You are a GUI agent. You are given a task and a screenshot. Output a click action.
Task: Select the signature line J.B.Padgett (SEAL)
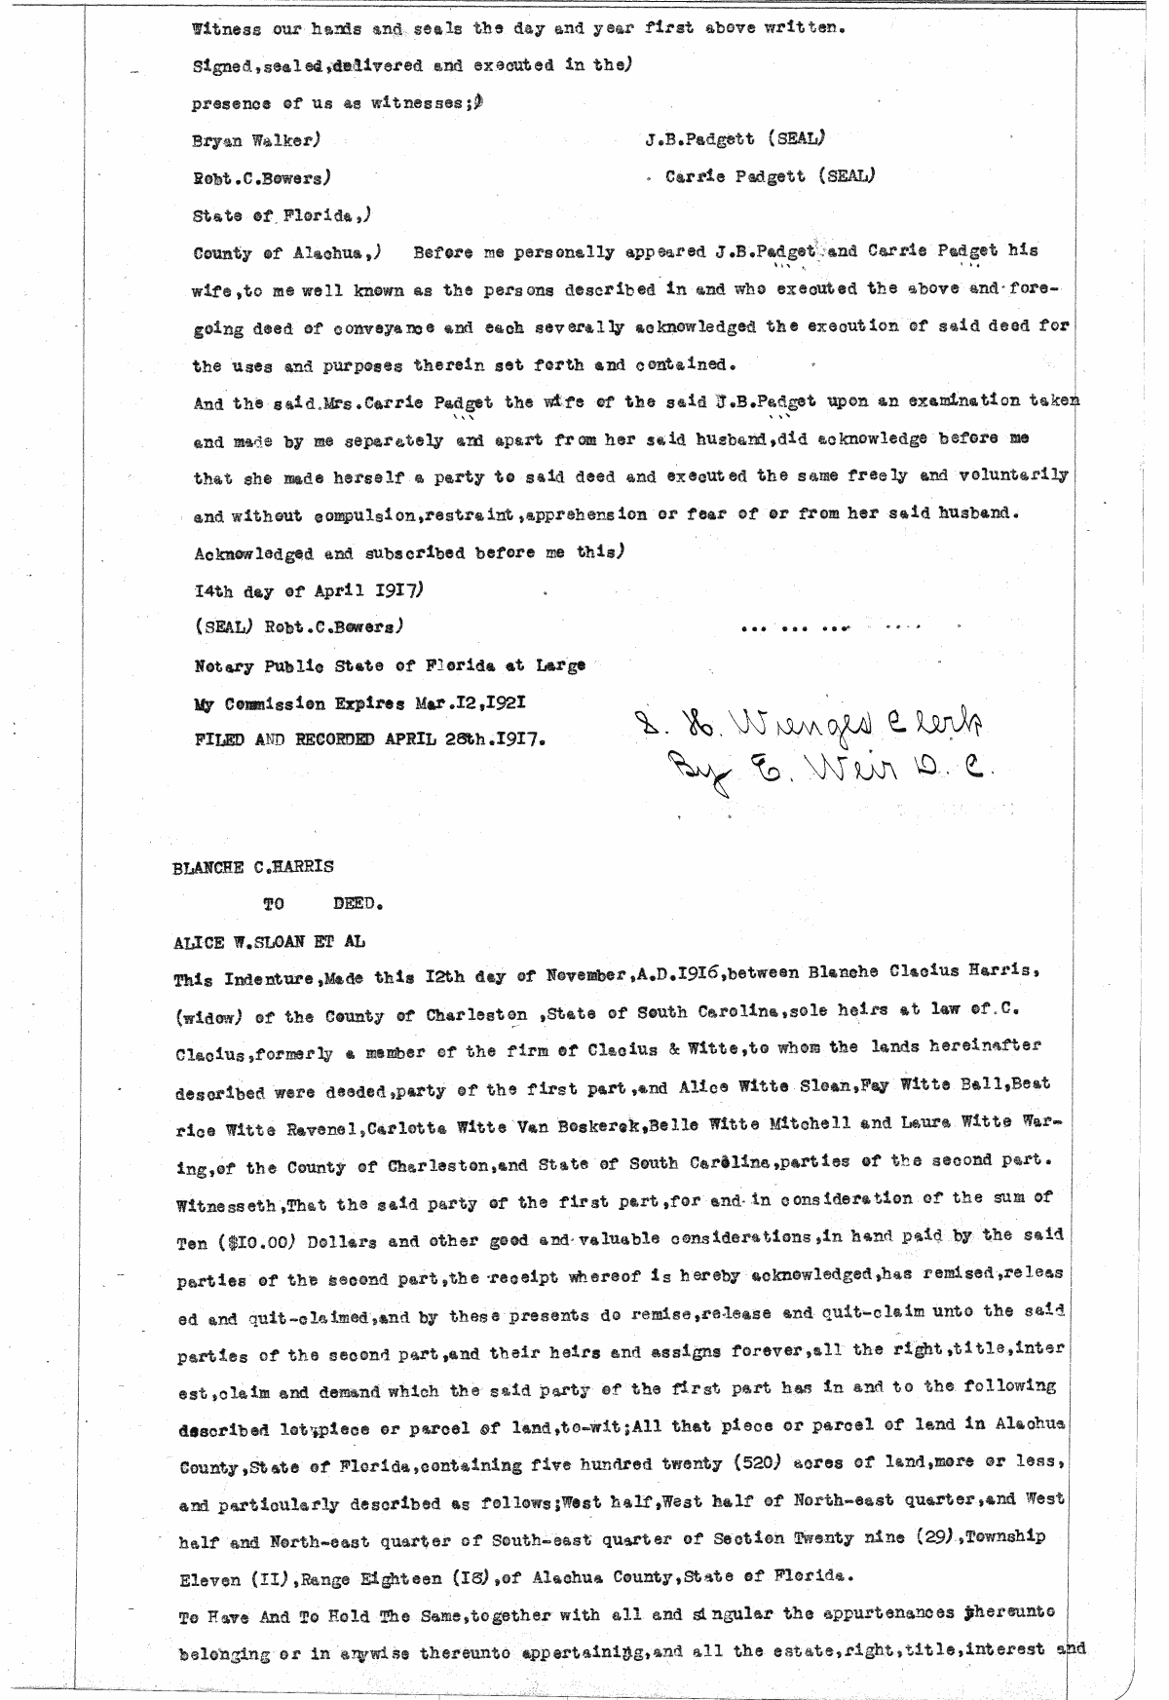point(735,139)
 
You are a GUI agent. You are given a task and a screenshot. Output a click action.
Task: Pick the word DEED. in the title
point(358,904)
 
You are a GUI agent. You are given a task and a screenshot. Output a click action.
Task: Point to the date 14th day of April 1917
point(308,591)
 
